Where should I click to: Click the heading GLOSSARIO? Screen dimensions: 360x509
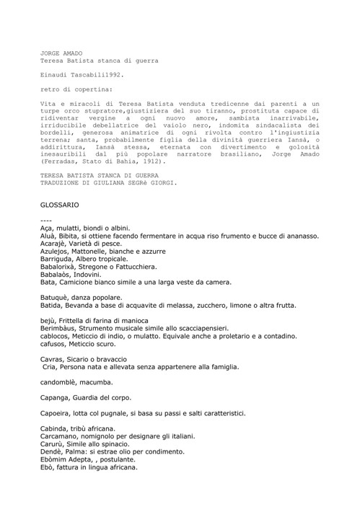(59, 205)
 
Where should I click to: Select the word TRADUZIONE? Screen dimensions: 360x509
(62, 183)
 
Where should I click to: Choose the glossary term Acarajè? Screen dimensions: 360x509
(57, 244)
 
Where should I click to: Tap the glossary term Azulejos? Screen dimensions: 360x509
(57, 252)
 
